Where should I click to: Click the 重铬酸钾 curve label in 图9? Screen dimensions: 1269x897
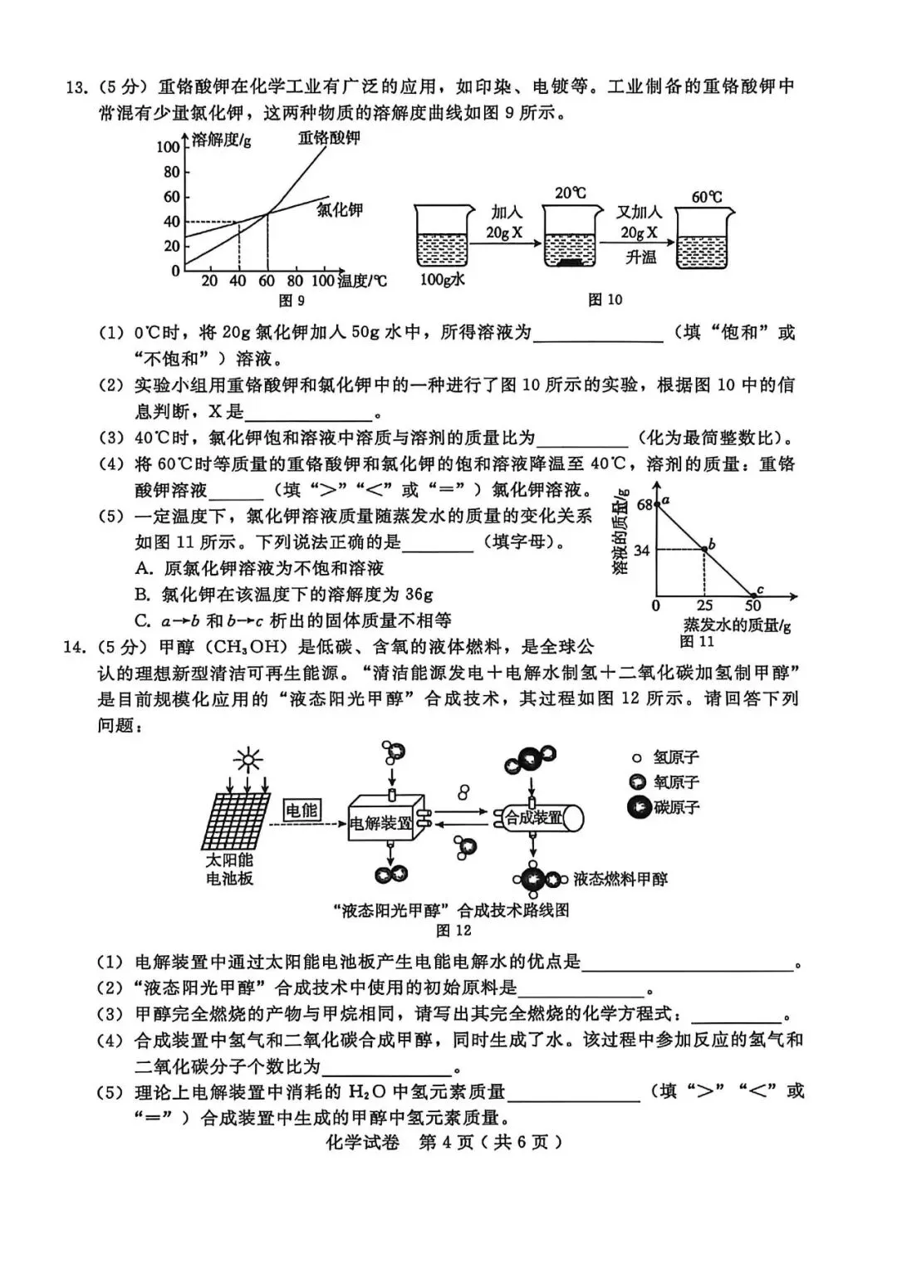pyautogui.click(x=329, y=138)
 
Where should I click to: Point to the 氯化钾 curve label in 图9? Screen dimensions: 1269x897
pyautogui.click(x=340, y=209)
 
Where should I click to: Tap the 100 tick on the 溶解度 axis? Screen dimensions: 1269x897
pyautogui.click(x=168, y=147)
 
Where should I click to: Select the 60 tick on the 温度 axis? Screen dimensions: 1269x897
pyautogui.click(x=267, y=282)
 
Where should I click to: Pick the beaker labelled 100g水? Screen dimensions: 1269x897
pyautogui.click(x=442, y=240)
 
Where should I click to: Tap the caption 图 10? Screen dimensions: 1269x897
pyautogui.click(x=605, y=300)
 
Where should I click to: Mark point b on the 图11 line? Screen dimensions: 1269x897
pyautogui.click(x=705, y=549)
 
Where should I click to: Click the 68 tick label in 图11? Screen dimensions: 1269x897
pyautogui.click(x=645, y=504)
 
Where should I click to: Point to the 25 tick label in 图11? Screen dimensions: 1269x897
pyautogui.click(x=704, y=605)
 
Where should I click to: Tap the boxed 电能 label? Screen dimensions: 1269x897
pyautogui.click(x=301, y=810)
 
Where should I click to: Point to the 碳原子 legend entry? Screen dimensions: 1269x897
pyautogui.click(x=664, y=807)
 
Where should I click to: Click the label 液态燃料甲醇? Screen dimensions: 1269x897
pyautogui.click(x=620, y=879)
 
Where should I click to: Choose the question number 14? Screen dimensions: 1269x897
pyautogui.click(x=74, y=647)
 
